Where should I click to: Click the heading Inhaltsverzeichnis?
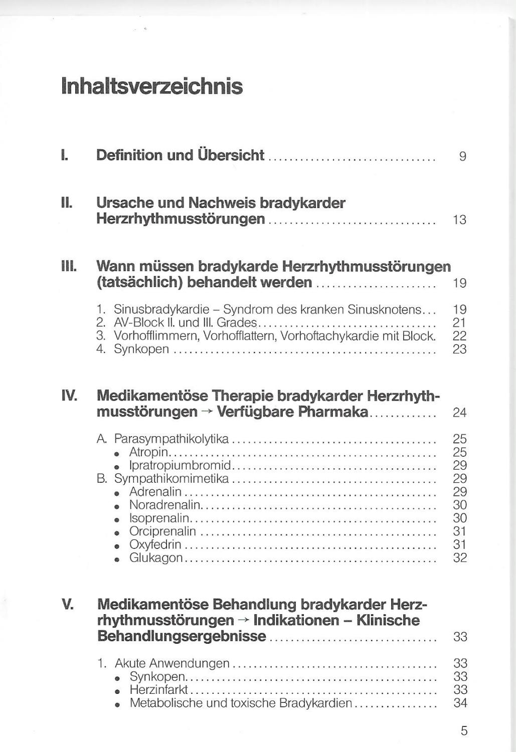[151, 86]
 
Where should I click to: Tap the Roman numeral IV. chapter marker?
[69, 396]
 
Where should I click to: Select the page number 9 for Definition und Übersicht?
[462, 156]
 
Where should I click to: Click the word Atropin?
[148, 452]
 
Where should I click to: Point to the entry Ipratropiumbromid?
[180, 465]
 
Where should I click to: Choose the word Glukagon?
[156, 557]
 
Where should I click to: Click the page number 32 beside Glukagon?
[460, 557]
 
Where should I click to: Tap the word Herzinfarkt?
[158, 690]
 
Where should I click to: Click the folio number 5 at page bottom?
[464, 731]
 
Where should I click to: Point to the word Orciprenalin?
[162, 531]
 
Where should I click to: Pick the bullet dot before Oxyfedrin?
[117, 545]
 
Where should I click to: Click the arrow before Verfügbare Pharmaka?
[208, 412]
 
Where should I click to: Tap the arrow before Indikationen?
[244, 621]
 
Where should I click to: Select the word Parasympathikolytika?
[171, 439]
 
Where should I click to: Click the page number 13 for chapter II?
[459, 220]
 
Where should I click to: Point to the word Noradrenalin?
[164, 505]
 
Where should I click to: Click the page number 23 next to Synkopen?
[459, 349]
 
